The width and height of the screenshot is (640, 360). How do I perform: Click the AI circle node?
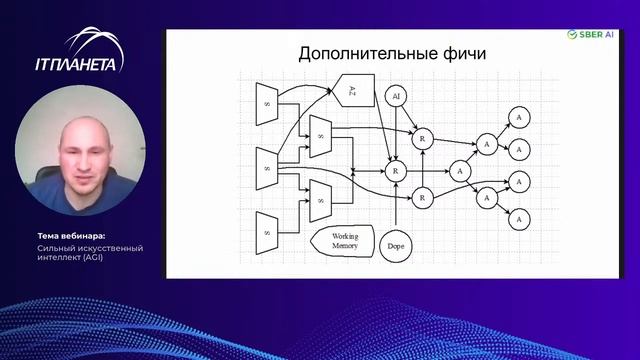point(396,96)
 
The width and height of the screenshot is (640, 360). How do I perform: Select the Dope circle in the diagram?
point(396,245)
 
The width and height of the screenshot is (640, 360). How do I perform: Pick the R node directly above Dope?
point(397,171)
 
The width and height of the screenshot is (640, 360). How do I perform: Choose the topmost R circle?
point(424,139)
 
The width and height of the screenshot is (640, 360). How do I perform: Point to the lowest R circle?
point(423,197)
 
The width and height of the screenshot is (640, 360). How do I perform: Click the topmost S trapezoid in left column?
point(268,102)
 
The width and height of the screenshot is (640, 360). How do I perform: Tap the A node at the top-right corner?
point(518,117)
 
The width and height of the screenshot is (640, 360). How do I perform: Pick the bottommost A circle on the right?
point(518,217)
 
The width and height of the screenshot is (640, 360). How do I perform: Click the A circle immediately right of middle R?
point(459,171)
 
